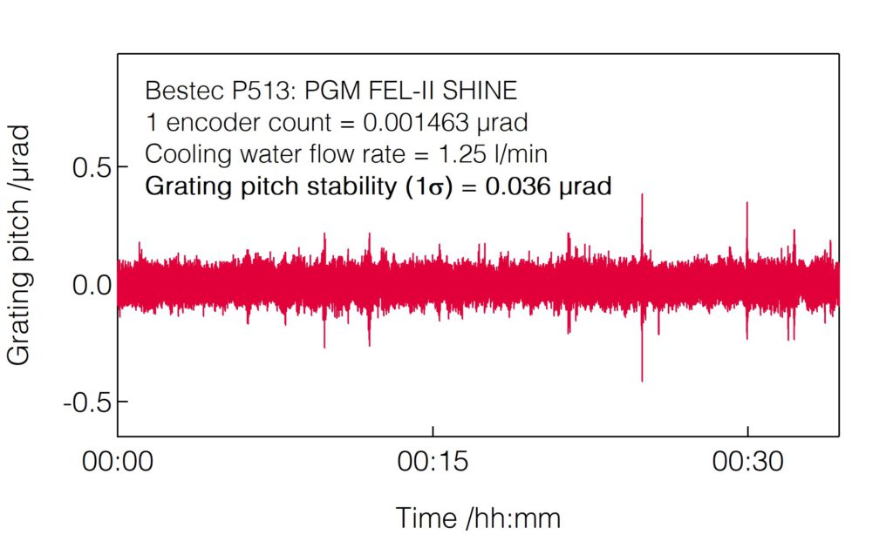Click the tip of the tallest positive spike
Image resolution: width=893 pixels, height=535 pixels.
[642, 194]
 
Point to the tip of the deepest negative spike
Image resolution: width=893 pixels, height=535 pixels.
[642, 381]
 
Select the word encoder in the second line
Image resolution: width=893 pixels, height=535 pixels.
[203, 123]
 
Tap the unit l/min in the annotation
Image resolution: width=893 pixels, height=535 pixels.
[523, 155]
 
